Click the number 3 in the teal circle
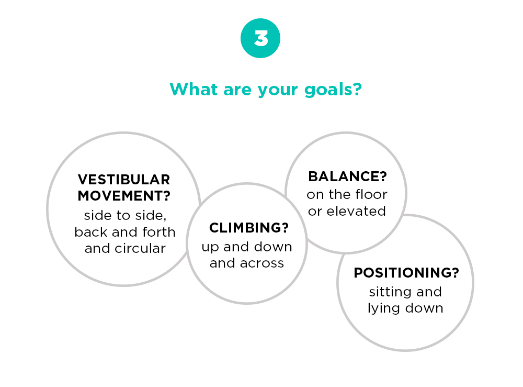pos(260,38)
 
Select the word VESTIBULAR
pos(124,180)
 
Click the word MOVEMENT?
pos(124,196)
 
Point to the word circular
pos(140,248)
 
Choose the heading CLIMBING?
pos(249,228)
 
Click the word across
pos(262,263)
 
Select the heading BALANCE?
pos(347,176)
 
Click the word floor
pos(371,194)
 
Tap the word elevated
pos(356,211)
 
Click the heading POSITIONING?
pos(406,273)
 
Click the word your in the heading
pos(278,91)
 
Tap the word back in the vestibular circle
pos(91,232)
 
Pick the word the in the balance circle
pos(340,194)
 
